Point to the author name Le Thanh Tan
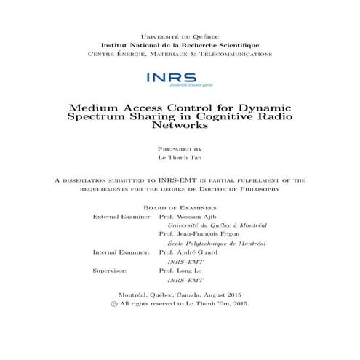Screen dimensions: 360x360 [x=180, y=158]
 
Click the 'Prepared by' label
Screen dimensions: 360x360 [x=180, y=148]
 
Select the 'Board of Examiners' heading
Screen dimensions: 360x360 [x=180, y=207]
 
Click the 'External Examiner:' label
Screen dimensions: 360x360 [x=121, y=217]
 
